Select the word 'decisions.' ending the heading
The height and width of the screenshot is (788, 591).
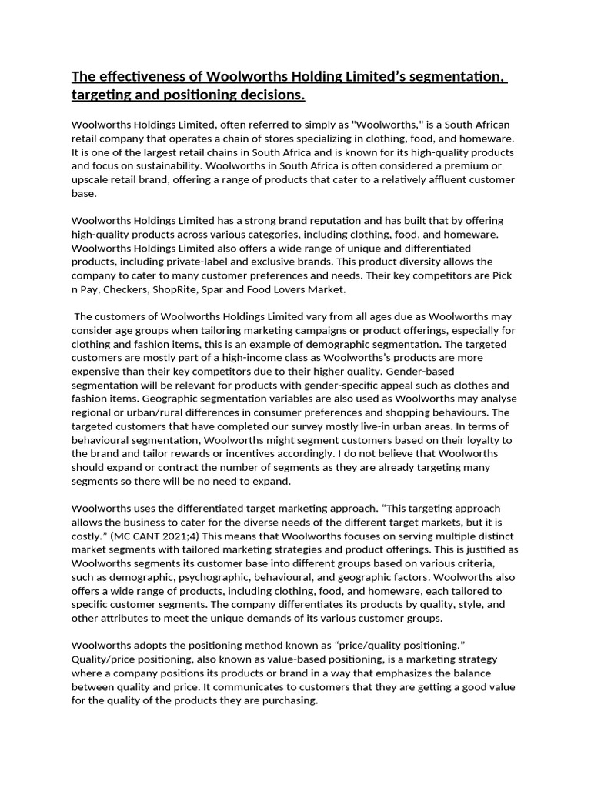[265, 95]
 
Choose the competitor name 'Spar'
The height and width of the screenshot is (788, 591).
[224, 290]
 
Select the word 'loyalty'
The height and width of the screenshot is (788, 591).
[469, 439]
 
